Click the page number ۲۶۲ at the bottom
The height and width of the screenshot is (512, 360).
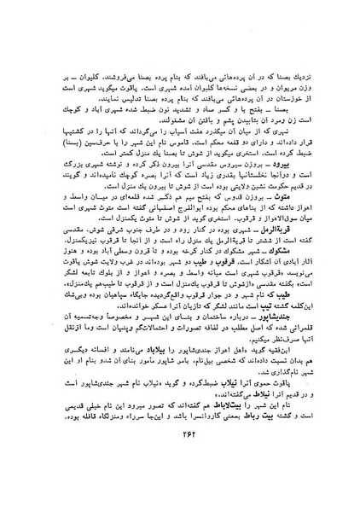click(181, 476)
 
